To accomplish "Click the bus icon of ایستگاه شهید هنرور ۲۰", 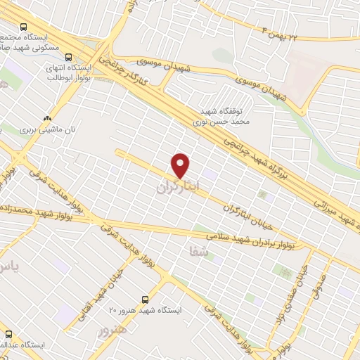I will (x=145, y=299).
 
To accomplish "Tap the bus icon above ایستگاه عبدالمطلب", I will (x=8, y=334).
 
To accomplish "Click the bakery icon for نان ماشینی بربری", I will (x=46, y=119).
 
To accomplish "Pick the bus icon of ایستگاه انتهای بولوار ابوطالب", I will (x=68, y=57).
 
